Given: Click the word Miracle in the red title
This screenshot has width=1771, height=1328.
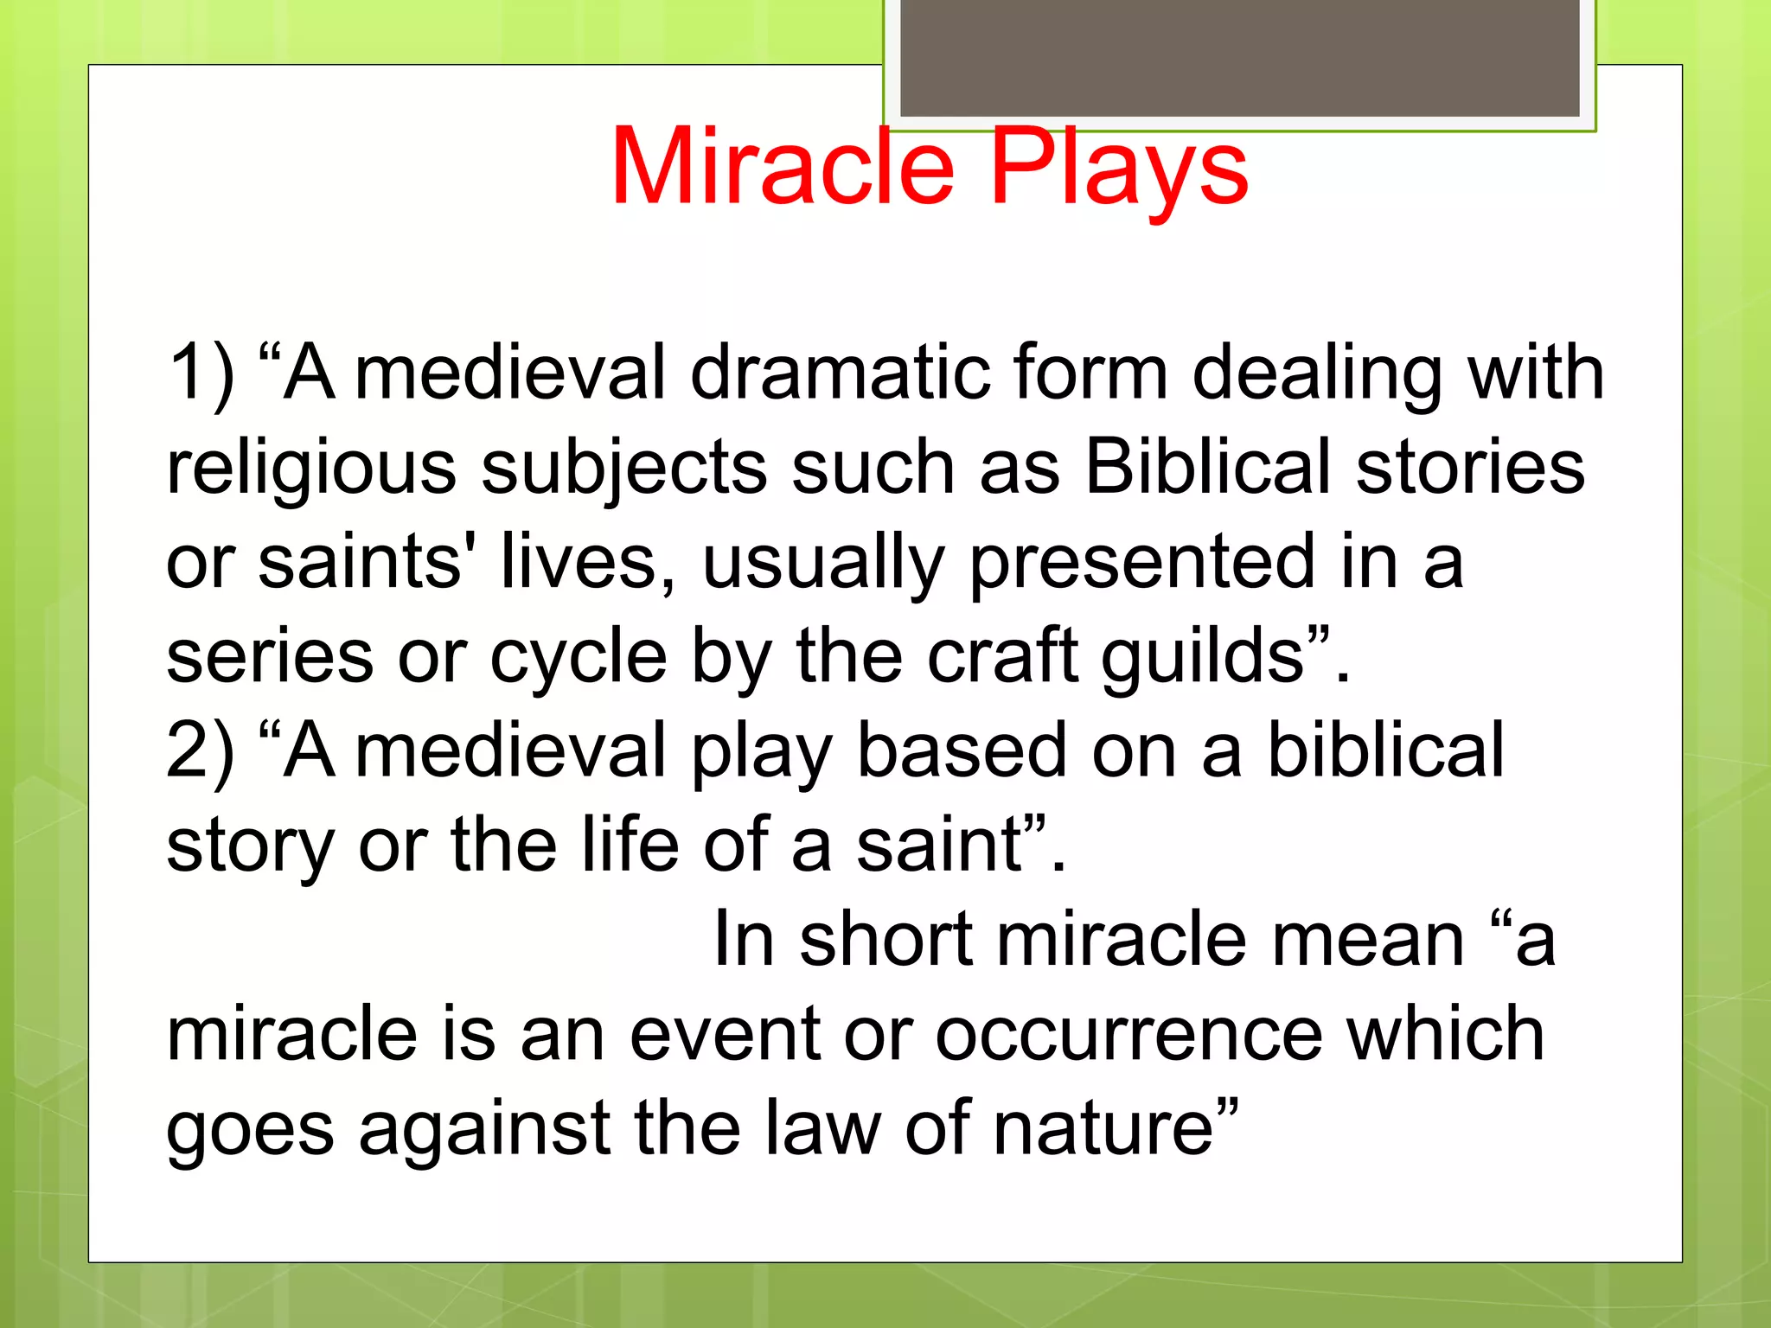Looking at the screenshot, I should pos(783,166).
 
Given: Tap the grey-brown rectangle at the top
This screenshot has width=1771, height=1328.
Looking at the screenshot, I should pos(1239,57).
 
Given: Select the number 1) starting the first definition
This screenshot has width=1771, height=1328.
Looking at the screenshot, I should pos(201,373).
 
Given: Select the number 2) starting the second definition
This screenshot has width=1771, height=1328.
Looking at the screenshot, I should pos(201,750).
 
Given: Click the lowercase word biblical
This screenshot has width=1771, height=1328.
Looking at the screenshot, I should pos(1385,750).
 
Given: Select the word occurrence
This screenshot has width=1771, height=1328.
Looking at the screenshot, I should pos(1128,1034).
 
